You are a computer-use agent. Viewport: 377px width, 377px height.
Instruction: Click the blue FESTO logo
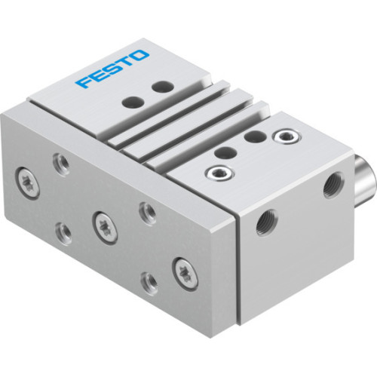(x=112, y=69)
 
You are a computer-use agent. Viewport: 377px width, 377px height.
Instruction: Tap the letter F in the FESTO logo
(x=84, y=80)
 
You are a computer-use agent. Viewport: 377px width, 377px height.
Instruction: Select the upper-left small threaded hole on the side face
(x=60, y=160)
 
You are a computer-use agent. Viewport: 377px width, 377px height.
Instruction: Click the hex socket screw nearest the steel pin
(x=285, y=136)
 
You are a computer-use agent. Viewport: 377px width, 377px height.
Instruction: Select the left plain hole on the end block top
(x=222, y=152)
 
